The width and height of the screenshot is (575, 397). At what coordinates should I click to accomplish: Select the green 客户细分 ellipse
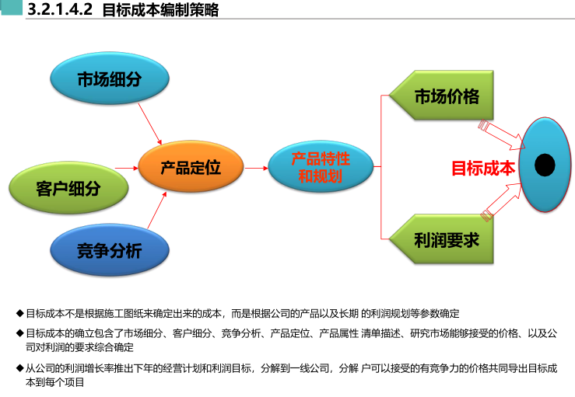point(68,188)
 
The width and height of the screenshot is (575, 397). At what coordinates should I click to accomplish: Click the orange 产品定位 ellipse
point(191,167)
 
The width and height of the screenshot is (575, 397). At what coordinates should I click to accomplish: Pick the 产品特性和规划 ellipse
point(320,167)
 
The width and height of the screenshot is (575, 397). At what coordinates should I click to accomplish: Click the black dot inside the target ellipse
point(545,165)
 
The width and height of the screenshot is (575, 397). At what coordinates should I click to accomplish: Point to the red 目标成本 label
point(483,168)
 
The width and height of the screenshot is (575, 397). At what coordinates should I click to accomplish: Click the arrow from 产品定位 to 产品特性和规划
point(256,167)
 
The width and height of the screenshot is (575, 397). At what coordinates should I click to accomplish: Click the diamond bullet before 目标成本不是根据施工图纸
point(20,314)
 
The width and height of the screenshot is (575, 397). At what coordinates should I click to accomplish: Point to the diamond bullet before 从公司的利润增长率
point(20,368)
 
